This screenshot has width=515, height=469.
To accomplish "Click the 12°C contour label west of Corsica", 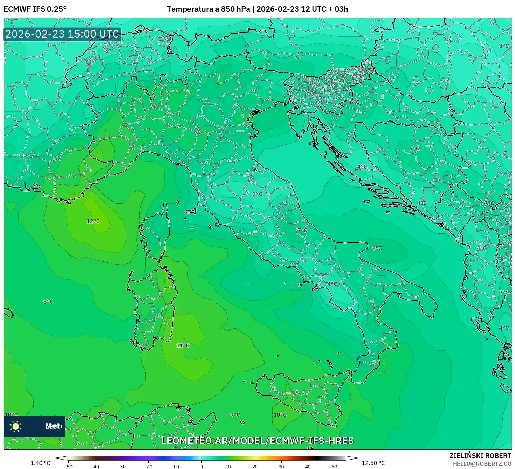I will point(93,221).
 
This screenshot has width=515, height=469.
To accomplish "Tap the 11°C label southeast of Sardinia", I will point(183,346).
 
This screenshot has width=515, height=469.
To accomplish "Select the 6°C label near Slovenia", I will point(355,102).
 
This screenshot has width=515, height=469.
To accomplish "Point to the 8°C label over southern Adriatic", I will point(377,248).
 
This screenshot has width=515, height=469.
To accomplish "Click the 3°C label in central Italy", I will point(257,194).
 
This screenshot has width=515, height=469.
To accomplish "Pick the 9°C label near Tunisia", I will point(235,415).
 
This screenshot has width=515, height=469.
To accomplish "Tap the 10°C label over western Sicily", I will point(280,415).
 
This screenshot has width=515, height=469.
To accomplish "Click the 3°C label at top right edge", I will point(504,46).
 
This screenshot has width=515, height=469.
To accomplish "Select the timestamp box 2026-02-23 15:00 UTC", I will point(62,34).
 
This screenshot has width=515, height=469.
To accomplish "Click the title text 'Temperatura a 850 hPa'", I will point(208,9).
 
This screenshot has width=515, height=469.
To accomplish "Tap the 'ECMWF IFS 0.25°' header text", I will point(35,9).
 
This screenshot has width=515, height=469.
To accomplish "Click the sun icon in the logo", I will point(16,426).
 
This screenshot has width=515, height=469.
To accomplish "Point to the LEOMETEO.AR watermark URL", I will point(257,441).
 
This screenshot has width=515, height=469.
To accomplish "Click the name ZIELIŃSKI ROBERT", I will point(480,456).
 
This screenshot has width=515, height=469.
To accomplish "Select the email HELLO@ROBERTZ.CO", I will point(482,464).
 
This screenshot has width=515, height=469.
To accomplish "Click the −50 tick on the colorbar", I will point(68,466).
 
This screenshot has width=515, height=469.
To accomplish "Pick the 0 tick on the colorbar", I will point(201,466).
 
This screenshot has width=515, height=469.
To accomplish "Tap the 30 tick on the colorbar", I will point(281,466).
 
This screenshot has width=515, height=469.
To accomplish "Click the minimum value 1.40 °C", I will point(40,463).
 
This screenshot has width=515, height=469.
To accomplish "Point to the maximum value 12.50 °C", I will point(373,463).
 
